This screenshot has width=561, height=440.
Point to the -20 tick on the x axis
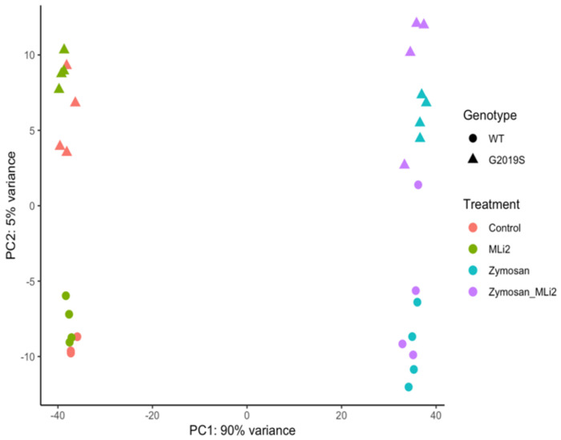(151, 414)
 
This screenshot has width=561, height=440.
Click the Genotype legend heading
(485, 115)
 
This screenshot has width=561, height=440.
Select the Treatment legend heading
(488, 204)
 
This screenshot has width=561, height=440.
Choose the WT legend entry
(496, 138)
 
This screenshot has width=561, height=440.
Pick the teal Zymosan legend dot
(473, 269)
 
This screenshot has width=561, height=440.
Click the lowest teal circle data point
(409, 387)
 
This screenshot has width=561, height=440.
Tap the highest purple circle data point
(418, 185)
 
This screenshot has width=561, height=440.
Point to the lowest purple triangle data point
(405, 164)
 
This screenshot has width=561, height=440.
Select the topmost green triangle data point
(64, 49)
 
